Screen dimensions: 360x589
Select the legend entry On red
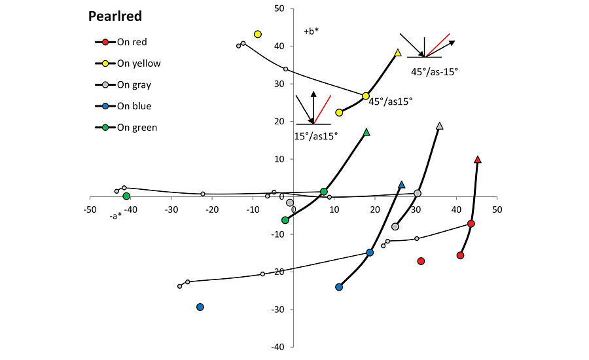132,43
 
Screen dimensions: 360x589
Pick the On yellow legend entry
138,63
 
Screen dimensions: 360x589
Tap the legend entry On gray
134,85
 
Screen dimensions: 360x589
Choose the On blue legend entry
134,106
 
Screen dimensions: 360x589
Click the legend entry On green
137,128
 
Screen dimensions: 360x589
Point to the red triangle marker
478,160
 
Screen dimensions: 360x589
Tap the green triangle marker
366,132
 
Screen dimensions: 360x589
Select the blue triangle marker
402,185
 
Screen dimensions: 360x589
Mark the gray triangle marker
439,126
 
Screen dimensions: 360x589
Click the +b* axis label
311,31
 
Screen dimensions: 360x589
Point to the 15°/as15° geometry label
316,136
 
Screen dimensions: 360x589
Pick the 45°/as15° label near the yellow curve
390,101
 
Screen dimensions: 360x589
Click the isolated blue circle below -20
200,307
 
